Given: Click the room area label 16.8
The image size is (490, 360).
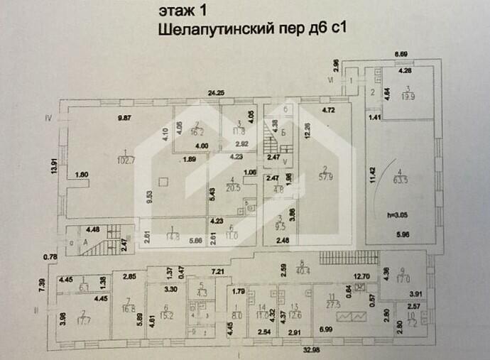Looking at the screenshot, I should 129,308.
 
